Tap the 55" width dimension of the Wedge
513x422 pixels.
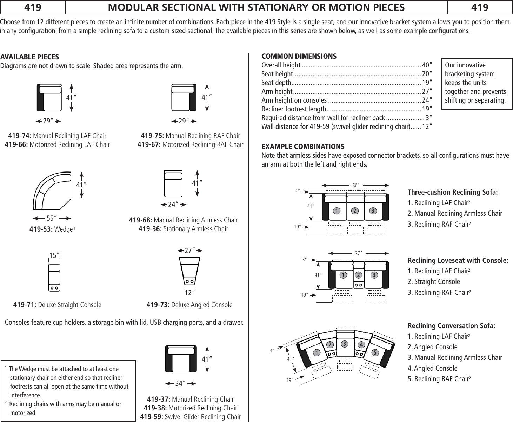click(52, 218)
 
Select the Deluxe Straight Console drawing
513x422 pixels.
click(54, 278)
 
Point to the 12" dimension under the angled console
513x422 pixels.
click(189, 292)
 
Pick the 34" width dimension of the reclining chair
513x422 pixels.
click(180, 383)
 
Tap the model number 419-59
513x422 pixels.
click(152, 417)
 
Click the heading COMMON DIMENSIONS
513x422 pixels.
click(299, 56)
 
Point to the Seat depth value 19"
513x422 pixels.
click(427, 83)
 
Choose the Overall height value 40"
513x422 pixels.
click(427, 65)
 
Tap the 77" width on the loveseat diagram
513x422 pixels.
click(358, 253)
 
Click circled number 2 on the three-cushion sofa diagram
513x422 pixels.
click(355, 211)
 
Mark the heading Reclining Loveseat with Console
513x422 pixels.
click(458, 260)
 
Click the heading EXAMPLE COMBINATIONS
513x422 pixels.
click(303, 147)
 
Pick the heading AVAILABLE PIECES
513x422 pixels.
click(29, 57)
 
